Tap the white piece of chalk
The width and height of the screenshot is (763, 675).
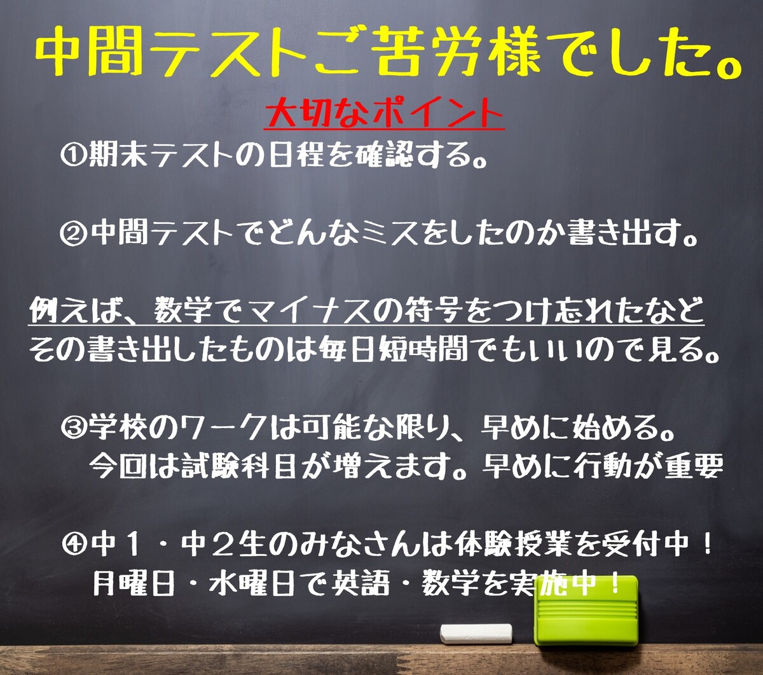(x=476, y=634)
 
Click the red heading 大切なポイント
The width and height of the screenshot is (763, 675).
(x=384, y=113)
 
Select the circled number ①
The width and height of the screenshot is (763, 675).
(x=73, y=155)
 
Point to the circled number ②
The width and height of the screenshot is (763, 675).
(x=73, y=233)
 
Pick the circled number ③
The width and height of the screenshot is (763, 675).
(x=74, y=429)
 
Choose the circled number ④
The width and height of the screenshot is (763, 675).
(x=74, y=546)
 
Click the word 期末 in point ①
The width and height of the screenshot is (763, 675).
(x=118, y=155)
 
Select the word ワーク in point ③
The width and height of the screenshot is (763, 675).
(x=223, y=429)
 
